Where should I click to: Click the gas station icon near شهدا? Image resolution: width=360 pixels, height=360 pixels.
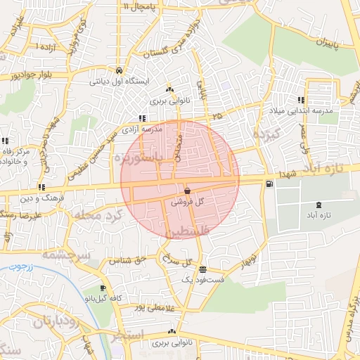pos(269,184)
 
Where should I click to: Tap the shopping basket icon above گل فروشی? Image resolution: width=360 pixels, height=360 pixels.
pos(187,191)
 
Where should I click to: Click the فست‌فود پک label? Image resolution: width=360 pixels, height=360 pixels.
pos(202,279)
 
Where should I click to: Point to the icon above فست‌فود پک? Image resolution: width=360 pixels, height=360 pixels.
pos(202,269)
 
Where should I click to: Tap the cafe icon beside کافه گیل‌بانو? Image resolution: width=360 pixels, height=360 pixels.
pos(103,288)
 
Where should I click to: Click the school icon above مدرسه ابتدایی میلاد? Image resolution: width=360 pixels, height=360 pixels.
pos(301,100)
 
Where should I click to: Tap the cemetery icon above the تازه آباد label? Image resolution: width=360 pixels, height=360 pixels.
pos(320,205)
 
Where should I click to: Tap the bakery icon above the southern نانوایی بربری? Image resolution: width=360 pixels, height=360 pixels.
pos(172,332)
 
